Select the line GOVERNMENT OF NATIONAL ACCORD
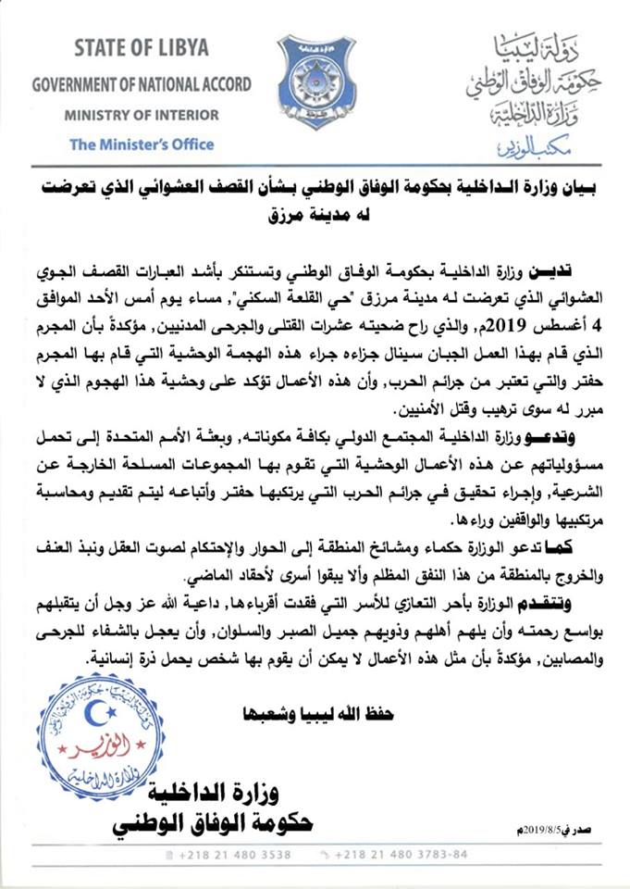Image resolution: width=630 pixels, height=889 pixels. (x=142, y=84)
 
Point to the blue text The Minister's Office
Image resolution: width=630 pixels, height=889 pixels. (x=142, y=144)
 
